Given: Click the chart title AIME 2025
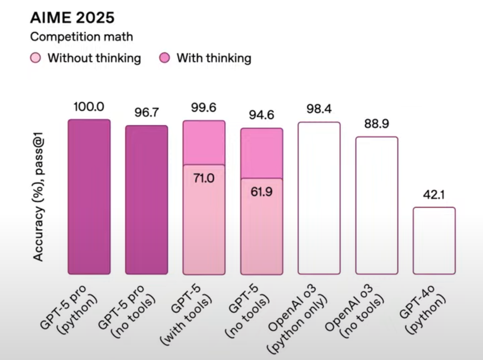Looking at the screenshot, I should pyautogui.click(x=72, y=18).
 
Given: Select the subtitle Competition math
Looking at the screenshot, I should pyautogui.click(x=81, y=37).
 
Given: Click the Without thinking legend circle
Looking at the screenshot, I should pyautogui.click(x=36, y=58).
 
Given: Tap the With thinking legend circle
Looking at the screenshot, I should pyautogui.click(x=165, y=58).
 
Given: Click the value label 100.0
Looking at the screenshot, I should pyautogui.click(x=89, y=107).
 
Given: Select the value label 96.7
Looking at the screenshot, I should pyautogui.click(x=146, y=112).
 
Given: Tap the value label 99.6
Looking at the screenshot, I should pyautogui.click(x=203, y=108).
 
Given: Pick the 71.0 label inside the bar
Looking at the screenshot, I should pyautogui.click(x=203, y=177).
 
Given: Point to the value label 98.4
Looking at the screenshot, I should pyautogui.click(x=319, y=109).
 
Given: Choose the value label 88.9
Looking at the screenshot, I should pyautogui.click(x=376, y=124).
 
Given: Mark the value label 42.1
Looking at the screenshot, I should pyautogui.click(x=434, y=194).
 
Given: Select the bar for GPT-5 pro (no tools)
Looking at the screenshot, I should pyautogui.click(x=146, y=200).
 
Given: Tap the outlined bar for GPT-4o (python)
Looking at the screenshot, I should pyautogui.click(x=434, y=241).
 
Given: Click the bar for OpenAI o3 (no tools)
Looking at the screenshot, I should pyautogui.click(x=376, y=205).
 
